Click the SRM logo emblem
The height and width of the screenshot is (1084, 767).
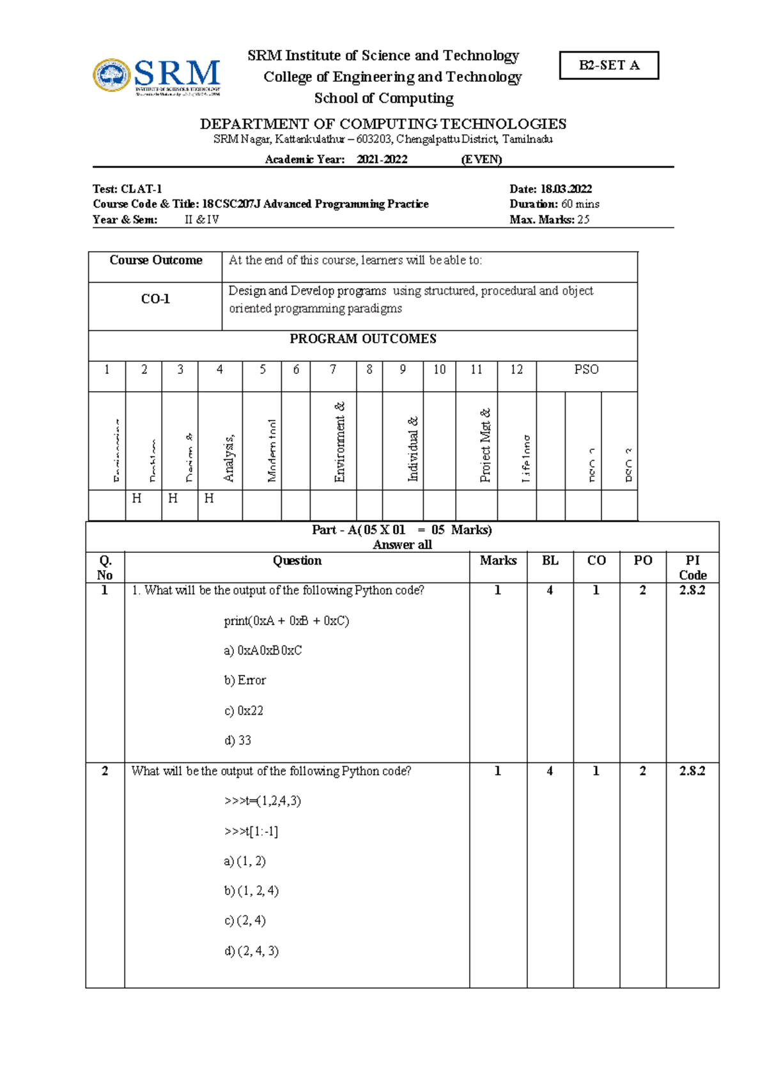coord(112,75)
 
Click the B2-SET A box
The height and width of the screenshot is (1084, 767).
coord(608,65)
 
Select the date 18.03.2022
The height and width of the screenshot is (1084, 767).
coord(566,189)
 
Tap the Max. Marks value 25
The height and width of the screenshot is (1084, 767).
coord(583,219)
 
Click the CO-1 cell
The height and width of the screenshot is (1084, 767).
coord(155,299)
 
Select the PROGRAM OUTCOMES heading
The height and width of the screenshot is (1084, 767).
coord(362,339)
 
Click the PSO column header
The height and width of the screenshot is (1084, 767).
coord(586,369)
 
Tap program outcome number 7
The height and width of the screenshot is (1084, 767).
coord(333,369)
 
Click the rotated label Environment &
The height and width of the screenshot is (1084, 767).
coord(339,442)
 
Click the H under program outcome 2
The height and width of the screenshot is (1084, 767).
coord(137,498)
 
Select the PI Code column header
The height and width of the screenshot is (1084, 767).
coord(692,568)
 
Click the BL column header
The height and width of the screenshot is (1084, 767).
coord(550,561)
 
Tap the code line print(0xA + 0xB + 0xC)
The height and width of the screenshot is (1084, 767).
coord(286,621)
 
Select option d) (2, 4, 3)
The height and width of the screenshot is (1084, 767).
coord(251,950)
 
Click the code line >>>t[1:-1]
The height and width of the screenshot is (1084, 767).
coord(251,831)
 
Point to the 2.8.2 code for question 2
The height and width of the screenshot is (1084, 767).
coord(692,771)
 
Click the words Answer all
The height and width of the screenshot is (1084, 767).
coord(402,545)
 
